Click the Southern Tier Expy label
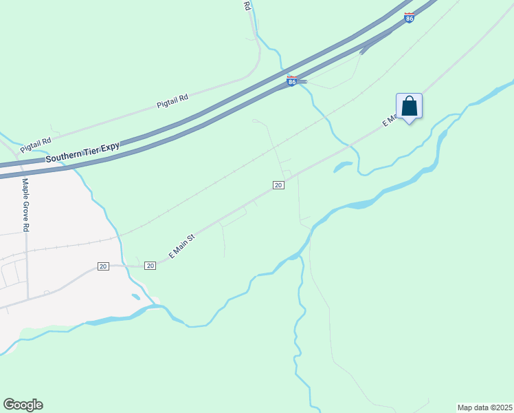coord(82,153)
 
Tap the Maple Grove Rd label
coord(26,205)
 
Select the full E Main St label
coord(182,246)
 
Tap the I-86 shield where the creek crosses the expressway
coord(291,81)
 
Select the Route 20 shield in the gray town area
coord(103,266)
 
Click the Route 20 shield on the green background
coord(278,185)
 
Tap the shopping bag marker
coord(409,107)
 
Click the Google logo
coord(23,405)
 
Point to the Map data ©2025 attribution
coord(484,407)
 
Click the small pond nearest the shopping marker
coord(342,167)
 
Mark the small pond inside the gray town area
coord(135,297)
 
